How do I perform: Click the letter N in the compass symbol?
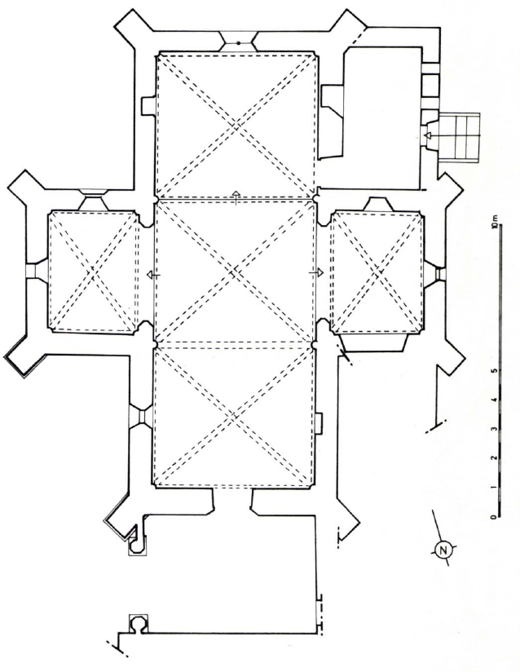[443, 550]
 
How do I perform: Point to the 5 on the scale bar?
[496, 371]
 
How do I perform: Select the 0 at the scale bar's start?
[494, 517]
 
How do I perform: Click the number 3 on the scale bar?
[495, 429]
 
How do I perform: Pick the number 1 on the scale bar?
[495, 488]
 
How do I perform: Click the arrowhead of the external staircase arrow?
[426, 135]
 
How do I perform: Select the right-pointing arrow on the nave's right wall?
[316, 272]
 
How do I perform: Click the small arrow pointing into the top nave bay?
[236, 197]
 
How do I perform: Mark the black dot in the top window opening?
[238, 43]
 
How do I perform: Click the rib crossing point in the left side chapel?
[93, 272]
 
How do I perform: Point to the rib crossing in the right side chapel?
[377, 272]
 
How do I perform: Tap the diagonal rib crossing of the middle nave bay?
[234, 272]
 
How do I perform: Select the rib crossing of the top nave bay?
[236, 125]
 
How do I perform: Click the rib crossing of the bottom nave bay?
[233, 417]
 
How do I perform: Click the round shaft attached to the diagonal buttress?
[137, 545]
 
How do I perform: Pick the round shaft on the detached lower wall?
[139, 624]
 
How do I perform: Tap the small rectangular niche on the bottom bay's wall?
[319, 424]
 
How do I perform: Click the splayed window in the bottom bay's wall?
[140, 416]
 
